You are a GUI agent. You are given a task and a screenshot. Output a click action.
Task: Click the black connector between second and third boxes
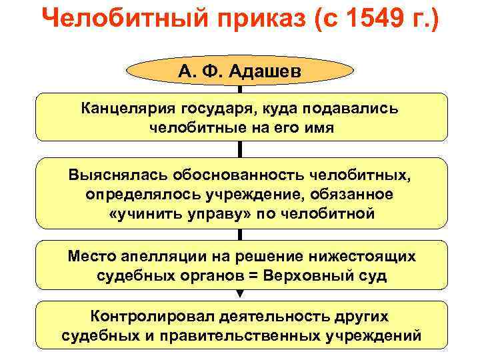241,234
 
